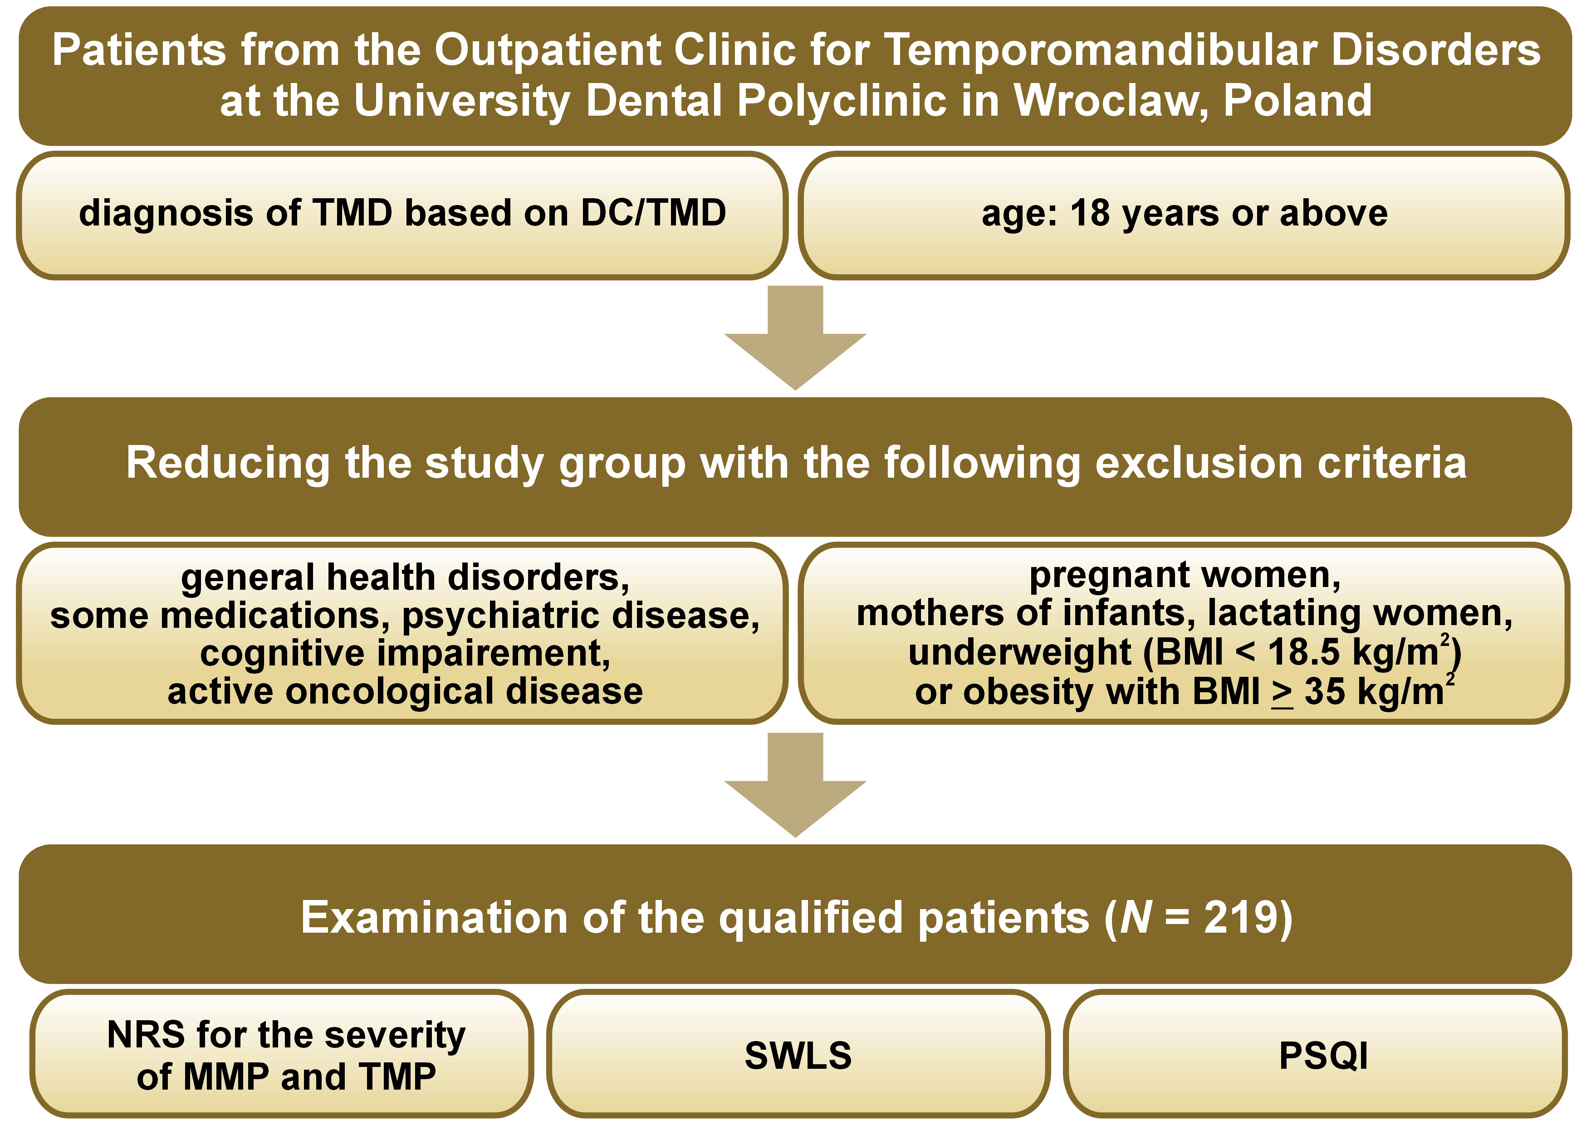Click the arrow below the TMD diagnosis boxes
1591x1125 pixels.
(796, 337)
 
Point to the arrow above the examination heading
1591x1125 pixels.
(796, 785)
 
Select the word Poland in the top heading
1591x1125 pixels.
(1297, 100)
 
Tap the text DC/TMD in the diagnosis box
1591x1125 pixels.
(653, 213)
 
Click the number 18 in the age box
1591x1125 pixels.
(1091, 213)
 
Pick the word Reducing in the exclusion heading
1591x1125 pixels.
(228, 464)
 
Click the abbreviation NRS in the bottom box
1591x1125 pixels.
(147, 1035)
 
